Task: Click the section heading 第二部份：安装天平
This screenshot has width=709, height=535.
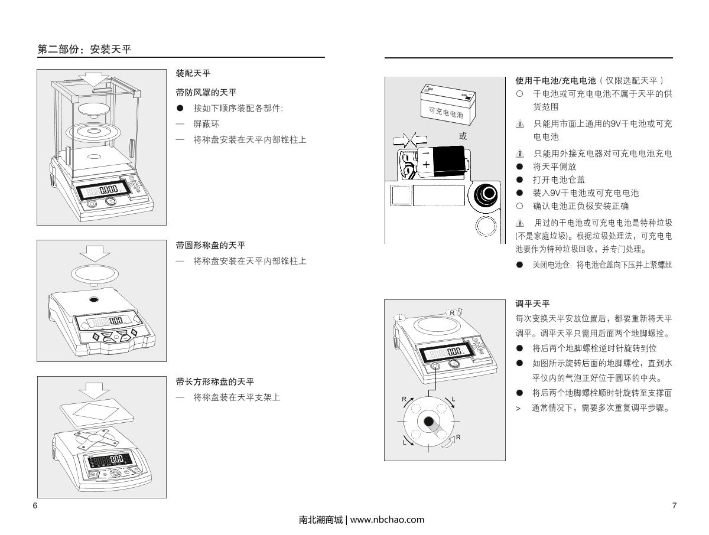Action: pyautogui.click(x=84, y=50)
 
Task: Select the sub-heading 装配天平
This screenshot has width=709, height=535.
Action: pyautogui.click(x=193, y=73)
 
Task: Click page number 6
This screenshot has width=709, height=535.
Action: pyautogui.click(x=35, y=506)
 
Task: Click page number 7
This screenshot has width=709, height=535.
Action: pyautogui.click(x=674, y=506)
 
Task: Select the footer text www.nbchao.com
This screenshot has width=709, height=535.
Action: pyautogui.click(x=388, y=520)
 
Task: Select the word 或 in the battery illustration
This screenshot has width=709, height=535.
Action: pyautogui.click(x=463, y=136)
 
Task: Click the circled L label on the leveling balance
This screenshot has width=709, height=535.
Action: pyautogui.click(x=399, y=317)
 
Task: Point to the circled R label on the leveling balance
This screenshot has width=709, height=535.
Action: pyautogui.click(x=452, y=312)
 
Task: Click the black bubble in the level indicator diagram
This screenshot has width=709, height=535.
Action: pyautogui.click(x=428, y=423)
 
